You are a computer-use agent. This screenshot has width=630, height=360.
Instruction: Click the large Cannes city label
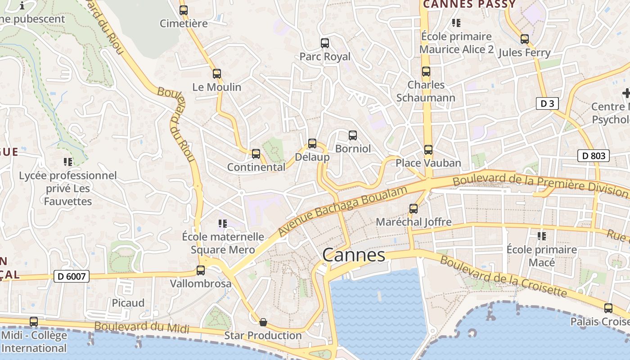tap(354, 255)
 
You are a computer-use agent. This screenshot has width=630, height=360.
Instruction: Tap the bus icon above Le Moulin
tap(217, 74)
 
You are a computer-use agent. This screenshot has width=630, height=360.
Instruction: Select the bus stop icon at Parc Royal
tap(325, 43)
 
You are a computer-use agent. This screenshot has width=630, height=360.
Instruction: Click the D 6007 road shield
tap(72, 276)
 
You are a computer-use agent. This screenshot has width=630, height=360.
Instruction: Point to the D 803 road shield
tap(593, 156)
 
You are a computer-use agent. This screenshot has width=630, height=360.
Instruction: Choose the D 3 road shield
tap(547, 103)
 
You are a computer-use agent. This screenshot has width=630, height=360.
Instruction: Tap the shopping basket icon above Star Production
tap(263, 322)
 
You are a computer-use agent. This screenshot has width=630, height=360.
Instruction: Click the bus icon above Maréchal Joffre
tap(414, 209)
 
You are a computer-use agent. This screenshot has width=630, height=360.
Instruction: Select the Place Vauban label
tap(428, 163)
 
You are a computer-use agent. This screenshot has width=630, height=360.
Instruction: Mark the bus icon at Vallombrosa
tap(201, 270)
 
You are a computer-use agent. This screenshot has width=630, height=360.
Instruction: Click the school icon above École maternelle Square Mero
tap(222, 223)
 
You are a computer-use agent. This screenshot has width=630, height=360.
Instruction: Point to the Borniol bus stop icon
tap(353, 135)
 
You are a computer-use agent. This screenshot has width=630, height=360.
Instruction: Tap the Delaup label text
tap(312, 157)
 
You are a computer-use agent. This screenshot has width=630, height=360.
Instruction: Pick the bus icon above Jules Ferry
tap(524, 39)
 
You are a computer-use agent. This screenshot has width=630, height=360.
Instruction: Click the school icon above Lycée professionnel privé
tap(68, 162)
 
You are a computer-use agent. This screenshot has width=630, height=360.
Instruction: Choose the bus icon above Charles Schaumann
tap(426, 72)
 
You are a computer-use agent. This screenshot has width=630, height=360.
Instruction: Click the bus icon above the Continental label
tap(256, 154)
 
